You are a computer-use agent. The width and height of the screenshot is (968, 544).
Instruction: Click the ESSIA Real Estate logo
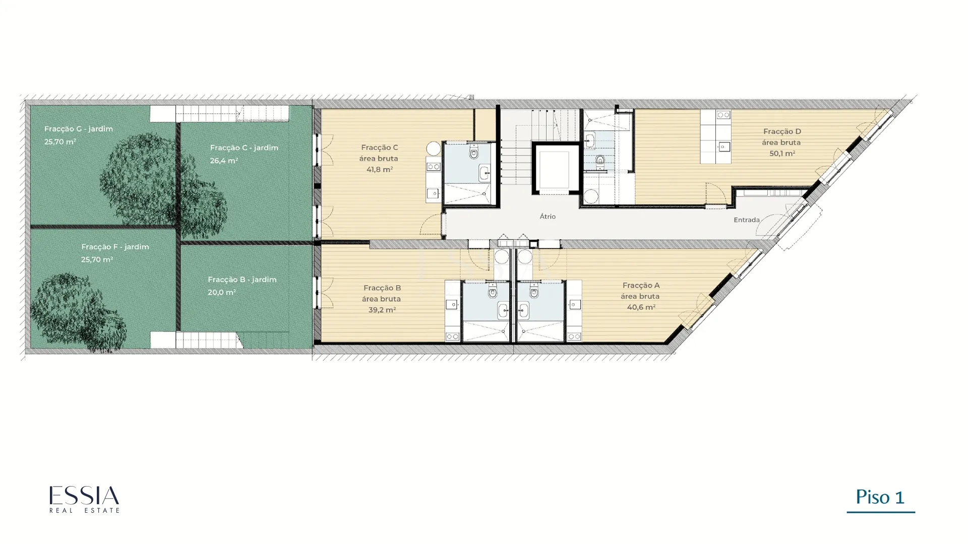pos(84,499)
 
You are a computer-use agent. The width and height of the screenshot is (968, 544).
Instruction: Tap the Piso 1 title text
pos(880,498)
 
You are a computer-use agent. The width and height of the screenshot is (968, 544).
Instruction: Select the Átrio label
pos(548,216)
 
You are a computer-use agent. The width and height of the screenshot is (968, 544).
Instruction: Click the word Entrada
pos(747,220)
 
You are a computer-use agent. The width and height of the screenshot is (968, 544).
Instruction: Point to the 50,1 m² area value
pos(782,153)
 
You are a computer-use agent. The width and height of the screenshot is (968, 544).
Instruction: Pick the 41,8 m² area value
pos(380,169)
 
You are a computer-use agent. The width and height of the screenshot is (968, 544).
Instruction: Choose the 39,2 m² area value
pos(382,310)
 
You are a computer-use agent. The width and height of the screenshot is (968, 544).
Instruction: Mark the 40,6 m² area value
pos(641,307)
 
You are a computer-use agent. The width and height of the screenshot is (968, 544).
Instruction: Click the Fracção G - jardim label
pos(79,129)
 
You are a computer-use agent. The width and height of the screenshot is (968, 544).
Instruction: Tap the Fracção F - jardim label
pos(115,247)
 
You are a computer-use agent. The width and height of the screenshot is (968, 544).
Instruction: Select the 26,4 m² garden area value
pos(224,161)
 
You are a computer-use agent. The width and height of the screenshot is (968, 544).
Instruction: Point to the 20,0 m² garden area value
pos(222,292)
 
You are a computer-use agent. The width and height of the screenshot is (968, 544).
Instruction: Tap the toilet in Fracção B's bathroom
pos(493,290)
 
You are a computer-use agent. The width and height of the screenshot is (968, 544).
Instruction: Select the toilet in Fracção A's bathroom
pos(534,290)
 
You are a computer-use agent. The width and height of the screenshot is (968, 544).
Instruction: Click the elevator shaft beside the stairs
pos(554,169)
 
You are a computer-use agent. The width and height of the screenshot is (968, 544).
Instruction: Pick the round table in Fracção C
pos(434,149)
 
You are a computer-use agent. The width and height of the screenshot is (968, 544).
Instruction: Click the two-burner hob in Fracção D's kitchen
pos(723,115)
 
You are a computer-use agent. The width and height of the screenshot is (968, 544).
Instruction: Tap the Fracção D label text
pos(782,131)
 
